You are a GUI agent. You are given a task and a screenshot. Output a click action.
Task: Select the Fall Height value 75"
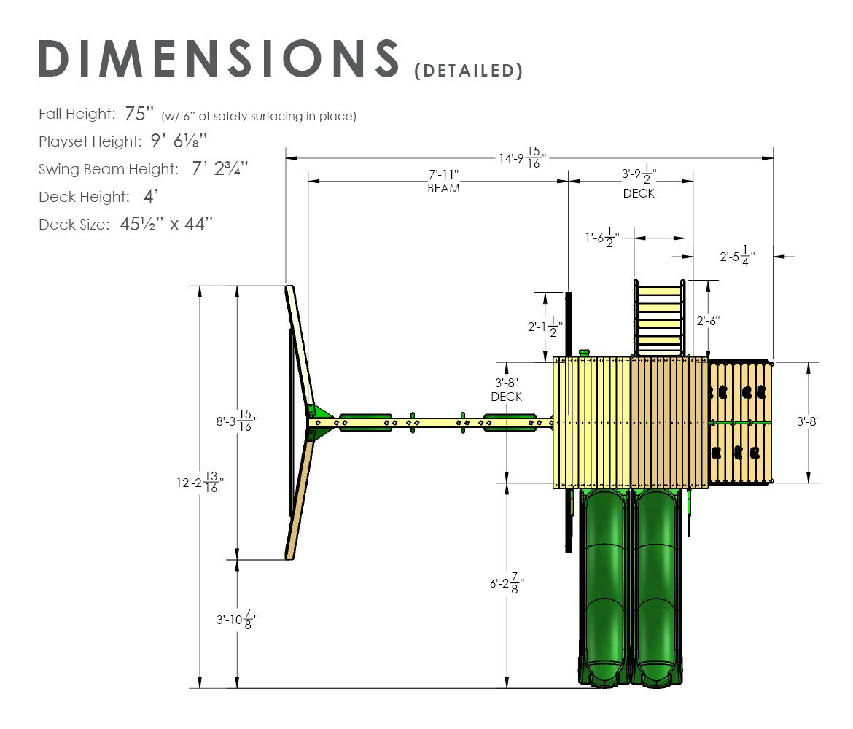coord(139,114)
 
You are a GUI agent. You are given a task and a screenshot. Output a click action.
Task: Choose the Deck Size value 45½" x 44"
coord(166,225)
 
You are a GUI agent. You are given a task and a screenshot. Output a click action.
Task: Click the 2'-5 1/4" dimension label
coord(736,257)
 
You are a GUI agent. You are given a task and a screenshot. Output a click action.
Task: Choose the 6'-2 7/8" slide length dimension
coord(507,584)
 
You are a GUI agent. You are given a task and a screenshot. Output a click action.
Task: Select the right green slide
coord(658,583)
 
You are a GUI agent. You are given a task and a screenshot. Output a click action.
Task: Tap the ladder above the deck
coord(659,317)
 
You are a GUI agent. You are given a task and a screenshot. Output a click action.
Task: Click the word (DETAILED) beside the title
coord(468,71)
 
